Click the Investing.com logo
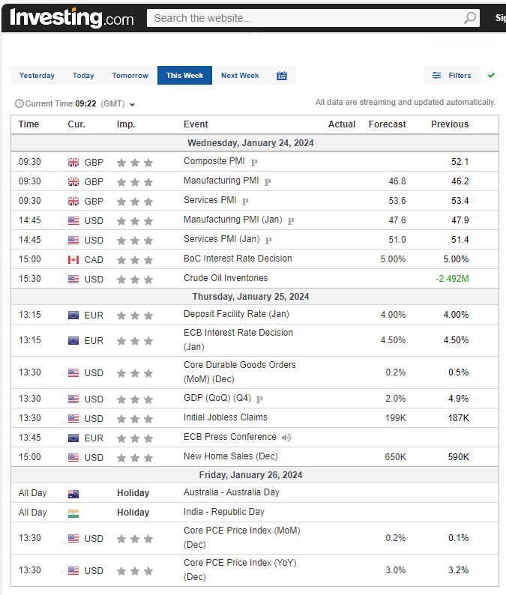72,17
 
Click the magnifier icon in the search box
469,18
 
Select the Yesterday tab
37,76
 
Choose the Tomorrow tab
130,76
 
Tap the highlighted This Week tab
184,76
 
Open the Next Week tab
240,76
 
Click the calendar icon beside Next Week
282,76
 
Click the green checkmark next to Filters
491,76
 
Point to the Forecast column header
388,124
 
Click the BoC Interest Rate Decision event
238,259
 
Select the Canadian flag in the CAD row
73,260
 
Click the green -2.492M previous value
452,279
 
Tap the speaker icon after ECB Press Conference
286,438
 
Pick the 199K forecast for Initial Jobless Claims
395,418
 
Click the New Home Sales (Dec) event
230,456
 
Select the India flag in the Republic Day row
73,513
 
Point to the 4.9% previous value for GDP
458,399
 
